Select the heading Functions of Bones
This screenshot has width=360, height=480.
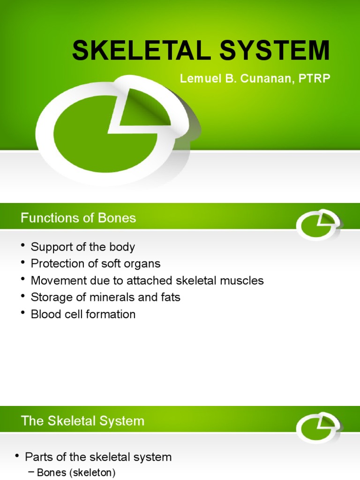78,217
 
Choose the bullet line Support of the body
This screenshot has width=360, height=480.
82,247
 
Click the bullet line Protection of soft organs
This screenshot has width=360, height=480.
95,263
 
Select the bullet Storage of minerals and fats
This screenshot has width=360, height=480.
105,297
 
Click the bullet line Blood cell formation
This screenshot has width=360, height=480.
83,314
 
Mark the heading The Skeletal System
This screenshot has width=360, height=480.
82,420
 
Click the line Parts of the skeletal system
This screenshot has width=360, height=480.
98,457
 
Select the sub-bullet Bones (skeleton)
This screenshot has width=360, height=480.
75,473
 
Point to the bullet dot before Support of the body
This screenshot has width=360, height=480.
23,246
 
